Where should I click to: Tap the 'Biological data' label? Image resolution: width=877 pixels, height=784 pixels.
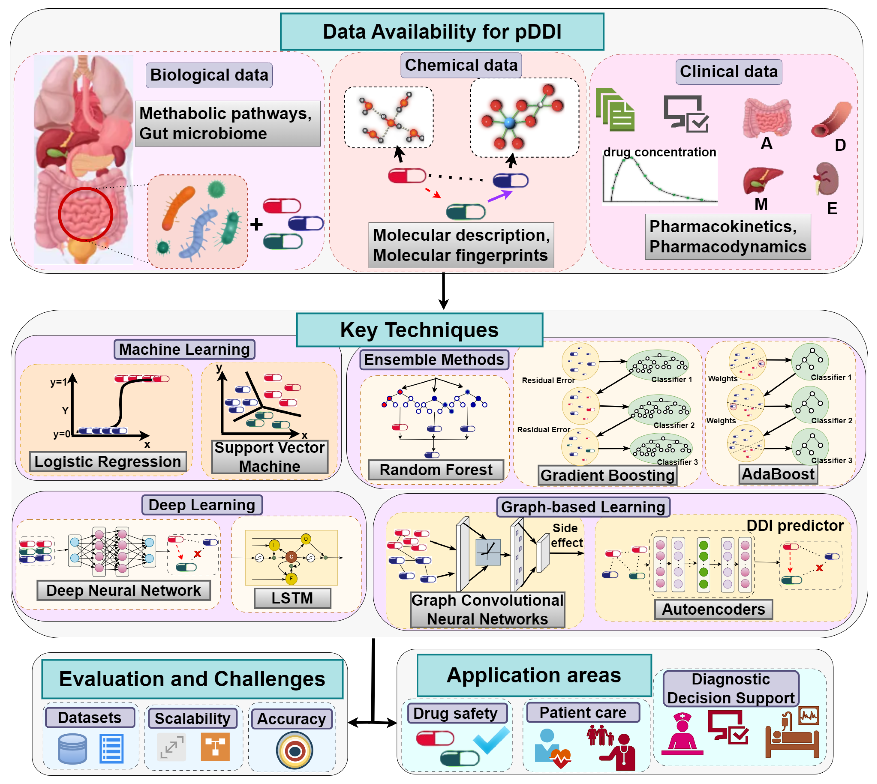pos(209,75)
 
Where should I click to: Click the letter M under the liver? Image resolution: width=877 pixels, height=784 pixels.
pos(761,204)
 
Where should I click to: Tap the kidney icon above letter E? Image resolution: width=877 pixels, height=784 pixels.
pos(826,178)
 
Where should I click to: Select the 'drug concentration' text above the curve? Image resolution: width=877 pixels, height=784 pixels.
pos(659,152)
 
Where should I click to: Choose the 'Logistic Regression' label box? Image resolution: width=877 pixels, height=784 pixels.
pos(108,461)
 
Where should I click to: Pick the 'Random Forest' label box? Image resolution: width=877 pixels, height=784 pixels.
pos(436,470)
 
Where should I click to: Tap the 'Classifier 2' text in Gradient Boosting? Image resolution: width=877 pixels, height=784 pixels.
pos(674,425)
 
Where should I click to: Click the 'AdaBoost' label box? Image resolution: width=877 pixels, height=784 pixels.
pos(778,474)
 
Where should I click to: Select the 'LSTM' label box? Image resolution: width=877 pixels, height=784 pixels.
pos(292,598)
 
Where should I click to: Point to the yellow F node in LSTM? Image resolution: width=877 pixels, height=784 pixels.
pos(291,578)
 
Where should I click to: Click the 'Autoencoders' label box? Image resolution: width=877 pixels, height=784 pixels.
pos(713,609)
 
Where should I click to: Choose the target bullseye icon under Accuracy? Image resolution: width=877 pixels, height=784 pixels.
pos(295,751)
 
